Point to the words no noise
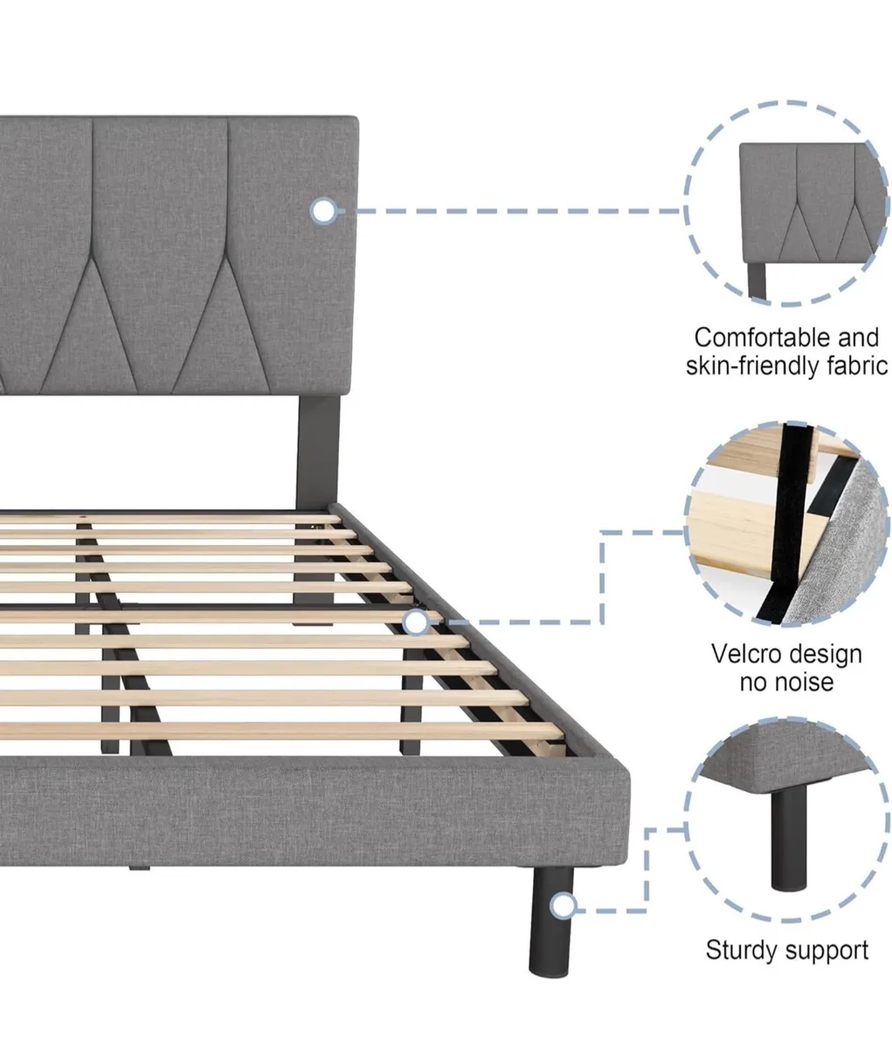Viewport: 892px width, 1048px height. [786, 682]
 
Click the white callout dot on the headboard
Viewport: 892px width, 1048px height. [323, 210]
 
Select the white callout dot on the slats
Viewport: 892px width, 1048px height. [417, 622]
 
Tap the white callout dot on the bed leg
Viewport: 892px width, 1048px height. [564, 906]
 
